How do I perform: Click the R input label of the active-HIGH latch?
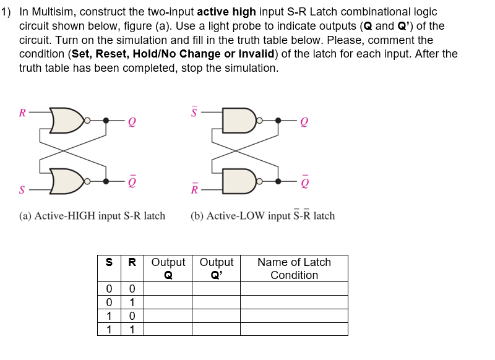22,113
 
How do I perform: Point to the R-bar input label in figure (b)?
195,189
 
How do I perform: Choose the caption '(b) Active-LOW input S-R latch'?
263,216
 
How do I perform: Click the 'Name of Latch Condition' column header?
294,268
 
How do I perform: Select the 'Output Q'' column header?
216,268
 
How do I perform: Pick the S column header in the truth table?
109,262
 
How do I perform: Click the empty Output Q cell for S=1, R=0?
168,315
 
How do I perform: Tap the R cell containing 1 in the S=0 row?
132,302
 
